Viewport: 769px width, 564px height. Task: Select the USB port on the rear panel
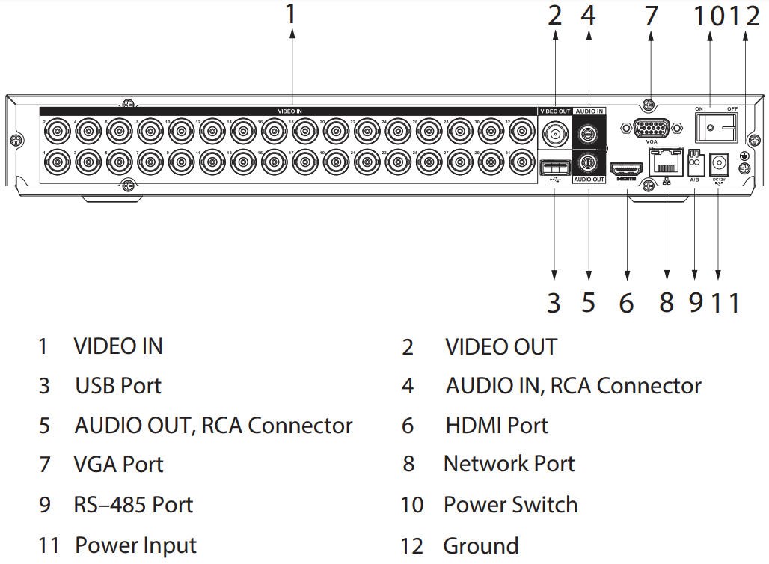point(554,166)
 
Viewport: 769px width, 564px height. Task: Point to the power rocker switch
point(714,127)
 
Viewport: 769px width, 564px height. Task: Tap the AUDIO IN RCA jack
point(589,133)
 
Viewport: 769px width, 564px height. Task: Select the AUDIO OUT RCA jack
point(589,162)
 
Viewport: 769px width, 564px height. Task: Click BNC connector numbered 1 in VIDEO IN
point(58,162)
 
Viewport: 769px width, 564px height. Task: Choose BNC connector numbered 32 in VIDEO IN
point(521,132)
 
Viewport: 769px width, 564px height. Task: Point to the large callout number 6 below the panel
point(626,303)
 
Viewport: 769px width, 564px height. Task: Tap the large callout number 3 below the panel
point(553,303)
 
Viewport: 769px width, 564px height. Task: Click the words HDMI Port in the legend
point(496,426)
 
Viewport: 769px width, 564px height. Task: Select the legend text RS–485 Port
point(133,505)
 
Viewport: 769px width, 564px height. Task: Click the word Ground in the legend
point(480,545)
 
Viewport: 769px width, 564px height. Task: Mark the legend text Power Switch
point(510,505)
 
